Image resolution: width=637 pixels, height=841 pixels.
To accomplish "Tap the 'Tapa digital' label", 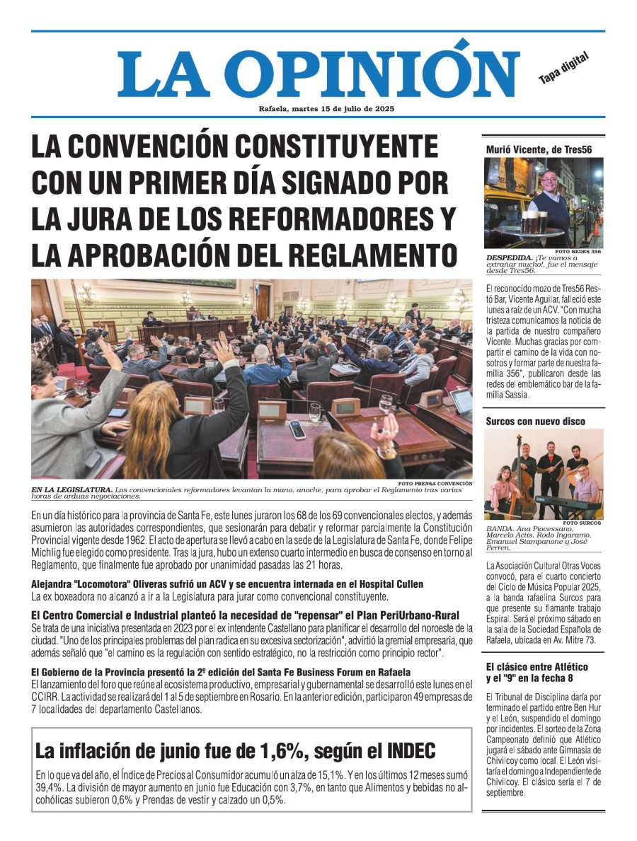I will point(563,70).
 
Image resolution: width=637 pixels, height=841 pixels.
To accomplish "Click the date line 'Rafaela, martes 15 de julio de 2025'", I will point(326,109).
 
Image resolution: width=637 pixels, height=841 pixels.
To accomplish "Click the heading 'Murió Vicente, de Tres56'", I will point(539,149).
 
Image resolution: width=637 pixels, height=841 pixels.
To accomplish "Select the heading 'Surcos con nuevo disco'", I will point(535,422).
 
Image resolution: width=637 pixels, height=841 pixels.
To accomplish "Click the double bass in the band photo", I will point(524,488).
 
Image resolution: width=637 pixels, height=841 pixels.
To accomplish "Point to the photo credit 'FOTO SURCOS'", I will point(584,523).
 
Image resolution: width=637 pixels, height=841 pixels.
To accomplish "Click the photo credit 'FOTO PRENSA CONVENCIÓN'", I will point(434,484).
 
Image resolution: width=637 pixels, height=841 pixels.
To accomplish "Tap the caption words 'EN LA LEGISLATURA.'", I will point(71,489).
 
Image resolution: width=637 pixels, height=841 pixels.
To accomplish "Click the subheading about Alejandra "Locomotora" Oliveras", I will point(227,585).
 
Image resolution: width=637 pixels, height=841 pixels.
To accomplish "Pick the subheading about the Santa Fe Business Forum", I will point(221,671).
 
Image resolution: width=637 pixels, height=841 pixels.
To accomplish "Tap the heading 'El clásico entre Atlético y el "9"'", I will point(537,673).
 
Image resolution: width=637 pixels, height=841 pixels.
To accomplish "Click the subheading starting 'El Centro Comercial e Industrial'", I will point(245,615).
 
